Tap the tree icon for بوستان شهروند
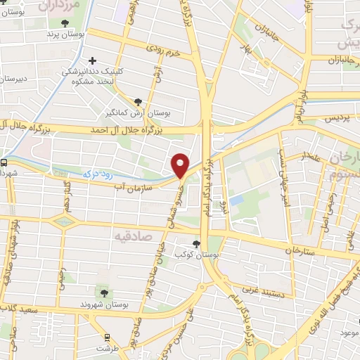tap(104, 293)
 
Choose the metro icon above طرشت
tap(107, 337)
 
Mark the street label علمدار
tap(312, 156)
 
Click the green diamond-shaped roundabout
tap(64, 221)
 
